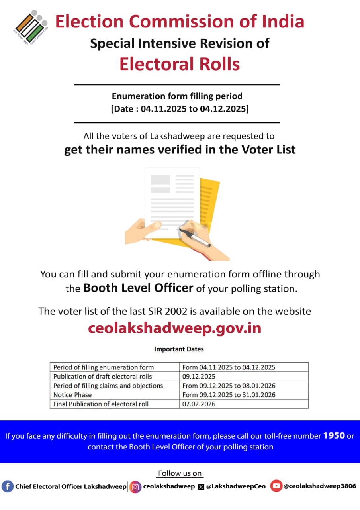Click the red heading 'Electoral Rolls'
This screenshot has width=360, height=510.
click(180, 64)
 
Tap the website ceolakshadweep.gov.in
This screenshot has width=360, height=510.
click(174, 328)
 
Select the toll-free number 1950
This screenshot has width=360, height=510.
click(334, 435)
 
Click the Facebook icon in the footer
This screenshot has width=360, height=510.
click(7, 486)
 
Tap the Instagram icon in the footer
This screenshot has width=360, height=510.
click(135, 486)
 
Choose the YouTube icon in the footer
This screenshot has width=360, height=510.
click(276, 486)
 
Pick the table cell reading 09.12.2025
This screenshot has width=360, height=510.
click(199, 377)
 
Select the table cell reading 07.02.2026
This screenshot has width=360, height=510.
click(199, 404)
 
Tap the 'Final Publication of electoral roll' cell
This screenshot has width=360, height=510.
click(101, 404)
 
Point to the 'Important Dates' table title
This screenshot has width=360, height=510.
click(179, 349)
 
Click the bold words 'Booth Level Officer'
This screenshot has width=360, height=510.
click(138, 288)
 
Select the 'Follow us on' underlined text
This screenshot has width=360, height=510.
click(180, 473)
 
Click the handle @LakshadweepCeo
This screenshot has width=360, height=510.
click(236, 486)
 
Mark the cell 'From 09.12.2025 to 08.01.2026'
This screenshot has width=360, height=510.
click(229, 386)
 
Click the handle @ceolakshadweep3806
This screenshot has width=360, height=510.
click(319, 486)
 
